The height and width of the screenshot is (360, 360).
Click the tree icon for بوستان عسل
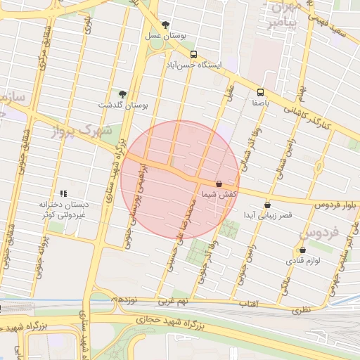(165, 25)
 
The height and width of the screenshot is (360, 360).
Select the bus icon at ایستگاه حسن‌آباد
(193, 54)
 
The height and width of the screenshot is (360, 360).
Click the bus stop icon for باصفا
(261, 91)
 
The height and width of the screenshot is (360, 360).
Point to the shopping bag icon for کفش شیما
(219, 184)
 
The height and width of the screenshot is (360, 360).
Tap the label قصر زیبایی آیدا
(263, 214)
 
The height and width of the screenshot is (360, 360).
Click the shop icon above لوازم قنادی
(302, 250)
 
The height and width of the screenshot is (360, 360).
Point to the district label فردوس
(320, 231)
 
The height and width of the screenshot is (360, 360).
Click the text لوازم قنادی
(302, 260)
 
